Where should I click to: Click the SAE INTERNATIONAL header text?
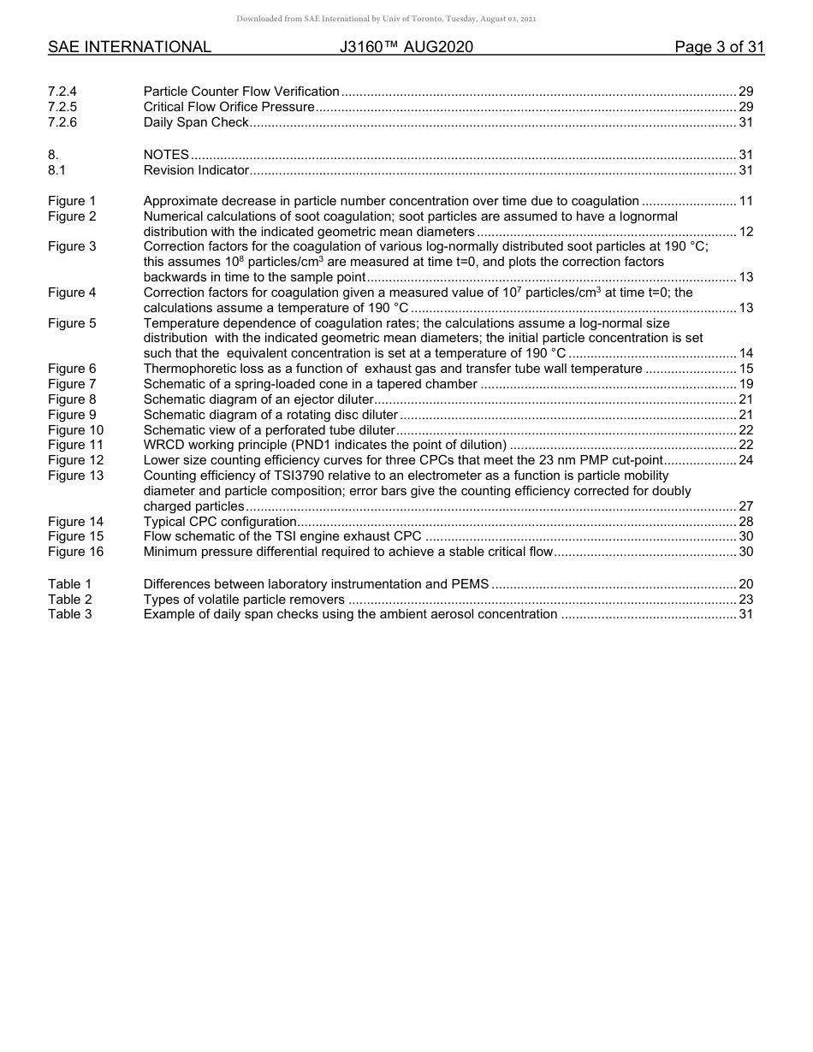click(x=129, y=48)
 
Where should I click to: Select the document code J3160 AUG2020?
click(x=406, y=48)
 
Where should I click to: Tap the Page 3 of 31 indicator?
click(x=719, y=48)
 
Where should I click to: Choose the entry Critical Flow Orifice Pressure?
click(x=228, y=107)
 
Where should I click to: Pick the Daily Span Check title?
click(x=196, y=122)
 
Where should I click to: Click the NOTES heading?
click(x=166, y=155)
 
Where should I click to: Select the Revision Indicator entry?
click(x=196, y=170)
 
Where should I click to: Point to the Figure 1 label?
click(x=72, y=201)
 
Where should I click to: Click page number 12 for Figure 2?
click(x=745, y=232)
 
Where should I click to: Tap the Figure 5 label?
click(x=72, y=323)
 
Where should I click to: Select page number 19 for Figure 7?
click(x=745, y=384)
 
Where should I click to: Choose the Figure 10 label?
click(x=75, y=430)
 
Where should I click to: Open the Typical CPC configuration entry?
click(x=220, y=522)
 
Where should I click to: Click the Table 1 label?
click(x=69, y=584)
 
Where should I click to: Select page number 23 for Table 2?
click(x=745, y=600)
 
